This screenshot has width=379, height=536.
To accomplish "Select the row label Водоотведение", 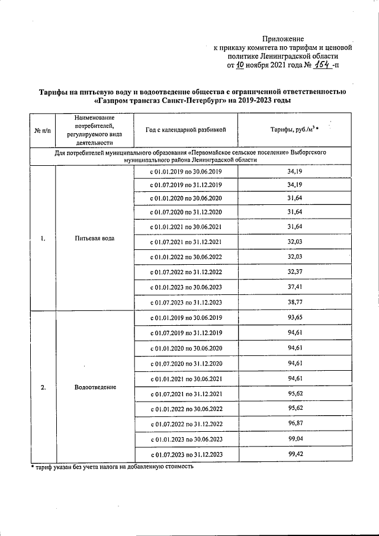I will pos(95,387).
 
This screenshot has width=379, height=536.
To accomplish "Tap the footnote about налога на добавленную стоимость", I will pos(113,467).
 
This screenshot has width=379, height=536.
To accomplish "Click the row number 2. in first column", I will pos(43,387).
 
